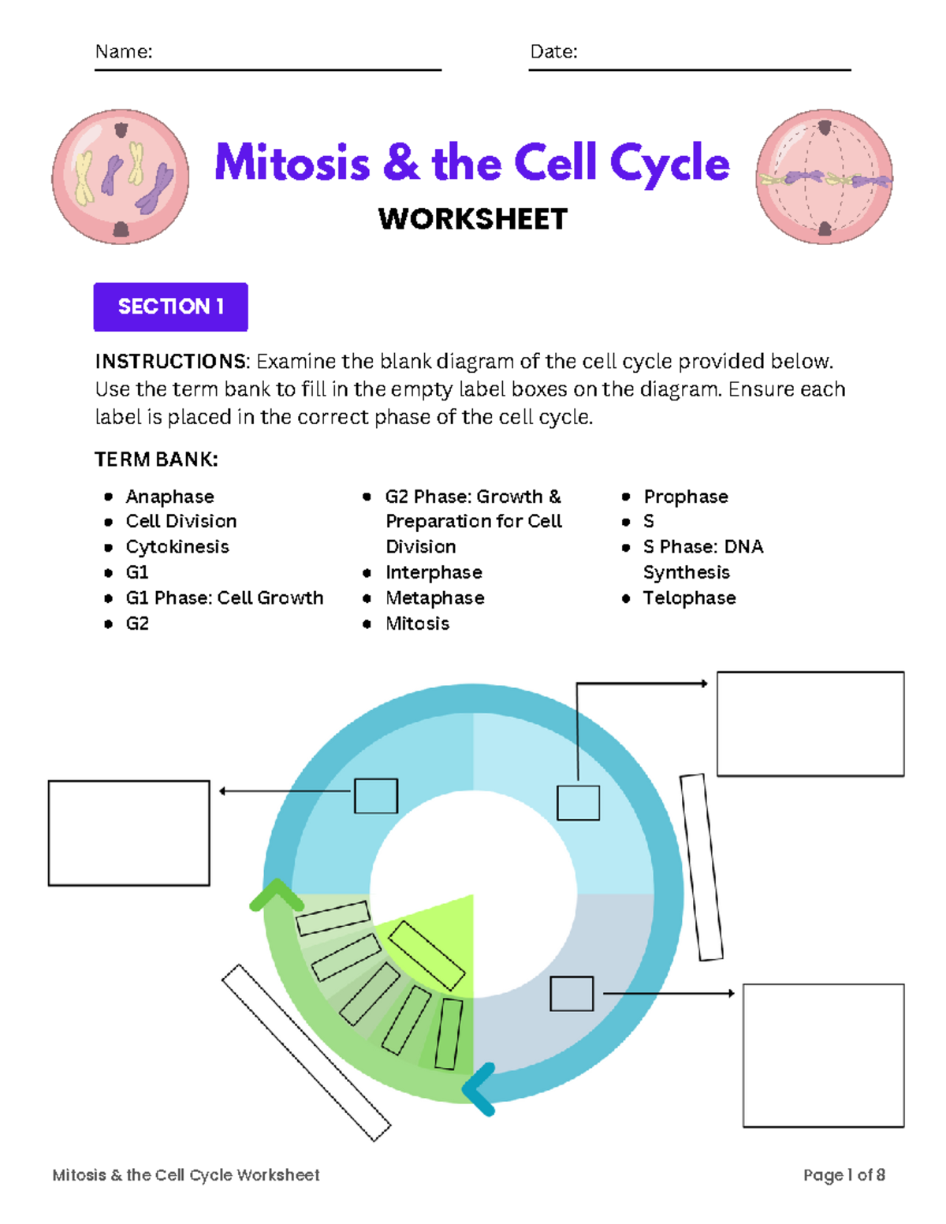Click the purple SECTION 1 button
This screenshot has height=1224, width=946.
170,307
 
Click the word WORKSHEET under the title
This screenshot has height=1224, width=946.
473,219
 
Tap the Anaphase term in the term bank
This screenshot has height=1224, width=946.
169,497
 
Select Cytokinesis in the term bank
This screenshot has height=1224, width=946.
177,547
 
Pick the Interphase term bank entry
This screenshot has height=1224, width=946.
434,572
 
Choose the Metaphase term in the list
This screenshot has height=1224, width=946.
434,598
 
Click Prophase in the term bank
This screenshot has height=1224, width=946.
686,497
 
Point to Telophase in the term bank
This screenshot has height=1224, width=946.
689,598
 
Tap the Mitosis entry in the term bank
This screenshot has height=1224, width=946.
417,623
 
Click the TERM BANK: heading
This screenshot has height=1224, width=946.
156,459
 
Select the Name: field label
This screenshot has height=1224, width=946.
124,52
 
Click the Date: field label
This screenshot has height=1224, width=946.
553,52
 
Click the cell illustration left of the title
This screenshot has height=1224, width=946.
121,177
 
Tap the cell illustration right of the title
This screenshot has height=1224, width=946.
825,177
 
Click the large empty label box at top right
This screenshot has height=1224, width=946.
810,724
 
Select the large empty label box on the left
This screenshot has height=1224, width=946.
129,833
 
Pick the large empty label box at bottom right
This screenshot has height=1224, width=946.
823,1055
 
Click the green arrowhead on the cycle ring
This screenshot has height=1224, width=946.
276,895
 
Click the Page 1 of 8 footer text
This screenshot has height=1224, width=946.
844,1175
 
